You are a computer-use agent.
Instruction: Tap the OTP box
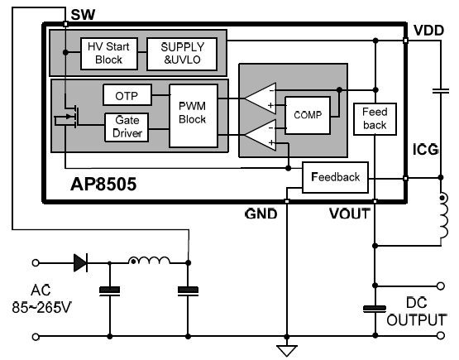pos(127,96)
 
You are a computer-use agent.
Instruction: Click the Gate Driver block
pos(127,127)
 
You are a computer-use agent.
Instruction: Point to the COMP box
pos(306,115)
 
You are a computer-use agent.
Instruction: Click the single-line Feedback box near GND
pos(335,177)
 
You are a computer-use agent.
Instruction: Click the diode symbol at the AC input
pos(81,263)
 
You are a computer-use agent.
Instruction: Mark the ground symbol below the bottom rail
pos(287,349)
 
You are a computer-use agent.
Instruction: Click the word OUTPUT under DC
pos(415,319)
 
